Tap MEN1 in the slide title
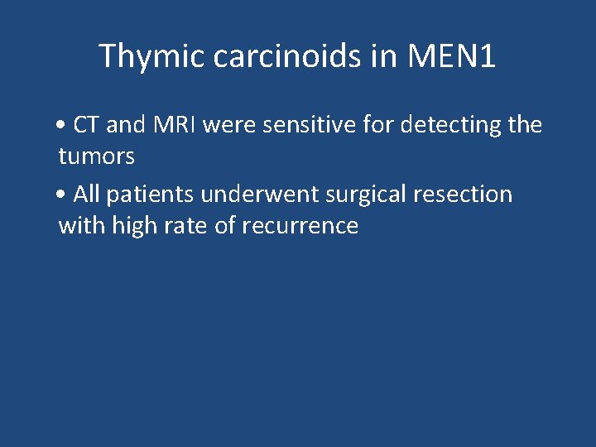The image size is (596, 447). [452, 56]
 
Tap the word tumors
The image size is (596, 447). [96, 156]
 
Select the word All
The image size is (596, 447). [87, 195]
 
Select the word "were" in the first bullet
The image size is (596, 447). [227, 125]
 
